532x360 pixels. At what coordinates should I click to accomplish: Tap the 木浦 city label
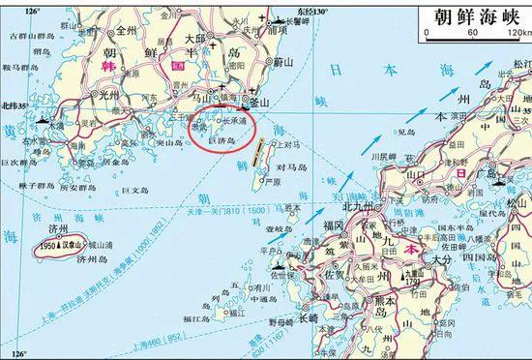[56, 126]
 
